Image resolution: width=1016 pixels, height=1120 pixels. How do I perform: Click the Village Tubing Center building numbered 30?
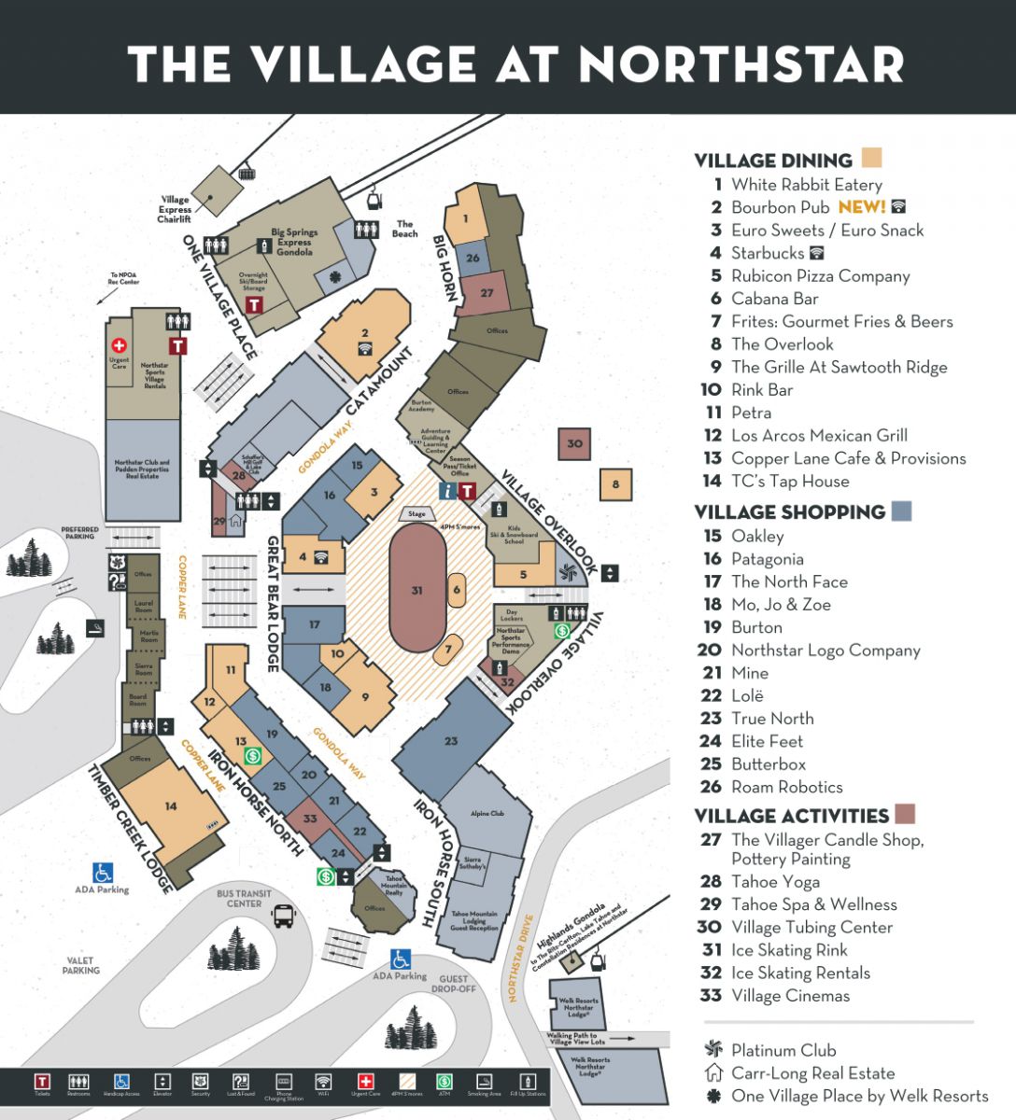point(574,443)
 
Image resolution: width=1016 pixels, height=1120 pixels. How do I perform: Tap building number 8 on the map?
point(615,484)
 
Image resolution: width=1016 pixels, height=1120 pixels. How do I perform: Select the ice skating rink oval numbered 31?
point(417,590)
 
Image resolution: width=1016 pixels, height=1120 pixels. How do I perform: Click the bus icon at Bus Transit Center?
point(283,916)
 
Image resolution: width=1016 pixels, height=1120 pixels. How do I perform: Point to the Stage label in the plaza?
point(416,514)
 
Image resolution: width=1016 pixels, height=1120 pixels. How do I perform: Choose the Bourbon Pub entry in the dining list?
point(780,207)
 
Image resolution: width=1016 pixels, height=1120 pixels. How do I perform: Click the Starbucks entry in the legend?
point(767,253)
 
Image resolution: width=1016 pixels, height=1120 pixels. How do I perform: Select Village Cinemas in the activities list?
point(790,996)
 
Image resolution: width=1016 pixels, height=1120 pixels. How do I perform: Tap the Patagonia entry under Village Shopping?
point(767,559)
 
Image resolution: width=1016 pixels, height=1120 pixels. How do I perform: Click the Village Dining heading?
point(773,161)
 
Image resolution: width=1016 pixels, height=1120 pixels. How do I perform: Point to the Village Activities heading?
point(791,816)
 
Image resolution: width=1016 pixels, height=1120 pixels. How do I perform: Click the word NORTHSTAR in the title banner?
point(741,65)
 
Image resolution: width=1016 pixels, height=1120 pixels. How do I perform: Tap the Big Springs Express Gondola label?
point(294,242)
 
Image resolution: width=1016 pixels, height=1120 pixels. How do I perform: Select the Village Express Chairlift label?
point(175,209)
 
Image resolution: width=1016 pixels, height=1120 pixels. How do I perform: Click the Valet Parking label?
point(81,965)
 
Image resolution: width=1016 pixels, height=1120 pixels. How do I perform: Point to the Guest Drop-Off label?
point(454,984)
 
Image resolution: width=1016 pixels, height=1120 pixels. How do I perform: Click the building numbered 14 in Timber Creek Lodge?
point(171,806)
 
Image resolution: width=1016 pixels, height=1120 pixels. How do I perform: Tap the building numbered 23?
point(451,741)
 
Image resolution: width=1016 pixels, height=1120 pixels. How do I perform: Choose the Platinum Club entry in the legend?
point(783,1050)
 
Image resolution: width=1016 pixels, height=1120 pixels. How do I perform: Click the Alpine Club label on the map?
point(487,814)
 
